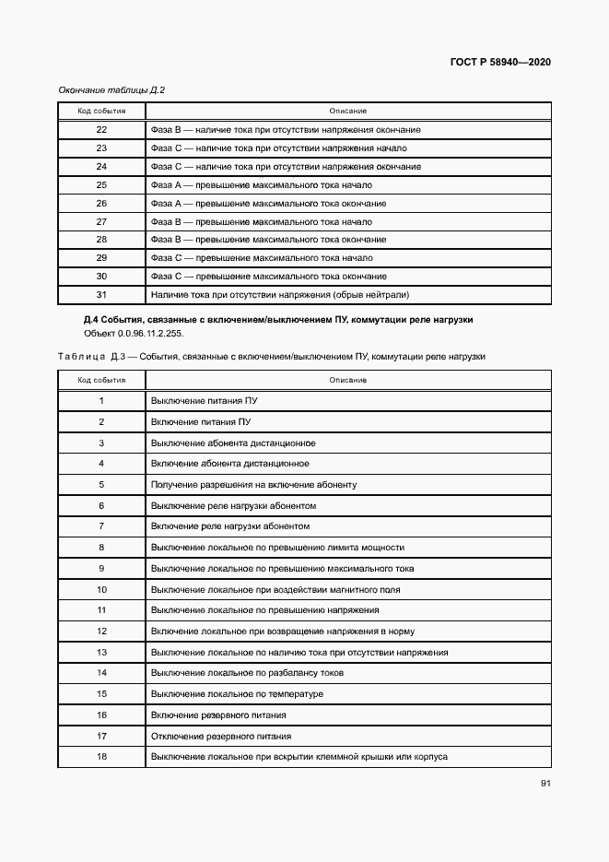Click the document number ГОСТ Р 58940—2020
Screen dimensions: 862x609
tap(501, 63)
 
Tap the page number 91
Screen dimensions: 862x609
tap(545, 784)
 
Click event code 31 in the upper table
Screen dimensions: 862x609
tap(101, 295)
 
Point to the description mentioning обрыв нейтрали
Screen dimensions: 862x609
tap(279, 295)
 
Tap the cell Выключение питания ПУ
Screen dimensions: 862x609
tap(203, 401)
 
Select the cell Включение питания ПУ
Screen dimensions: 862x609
tap(200, 422)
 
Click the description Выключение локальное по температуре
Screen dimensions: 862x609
tap(237, 694)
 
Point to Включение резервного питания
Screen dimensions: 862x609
tap(218, 715)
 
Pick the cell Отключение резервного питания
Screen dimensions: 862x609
tap(221, 737)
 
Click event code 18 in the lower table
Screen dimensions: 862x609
tap(101, 757)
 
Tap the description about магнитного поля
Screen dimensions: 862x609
tap(275, 589)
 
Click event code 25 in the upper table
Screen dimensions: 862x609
tap(101, 184)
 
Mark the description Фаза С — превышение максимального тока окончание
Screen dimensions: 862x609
tap(268, 277)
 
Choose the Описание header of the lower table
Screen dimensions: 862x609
tap(348, 380)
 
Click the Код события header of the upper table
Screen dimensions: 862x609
tap(101, 111)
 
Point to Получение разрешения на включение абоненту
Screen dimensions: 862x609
tap(253, 485)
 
